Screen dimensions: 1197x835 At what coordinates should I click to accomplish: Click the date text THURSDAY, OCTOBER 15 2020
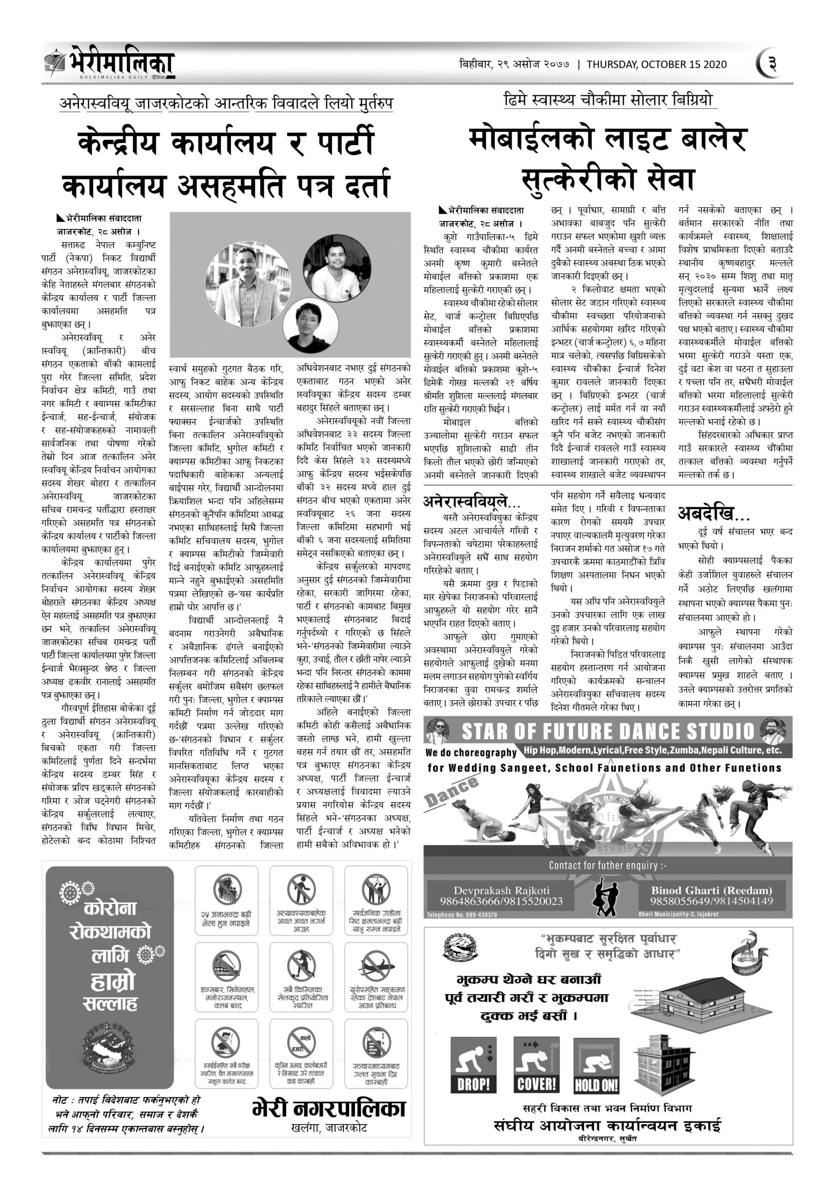657,65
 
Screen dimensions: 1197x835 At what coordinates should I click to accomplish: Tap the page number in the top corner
771,64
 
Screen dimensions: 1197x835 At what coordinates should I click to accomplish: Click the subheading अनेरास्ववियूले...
471,502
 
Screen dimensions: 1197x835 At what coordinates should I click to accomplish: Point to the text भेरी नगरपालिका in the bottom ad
328,1108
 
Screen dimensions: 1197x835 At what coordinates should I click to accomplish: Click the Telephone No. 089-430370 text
462,915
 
